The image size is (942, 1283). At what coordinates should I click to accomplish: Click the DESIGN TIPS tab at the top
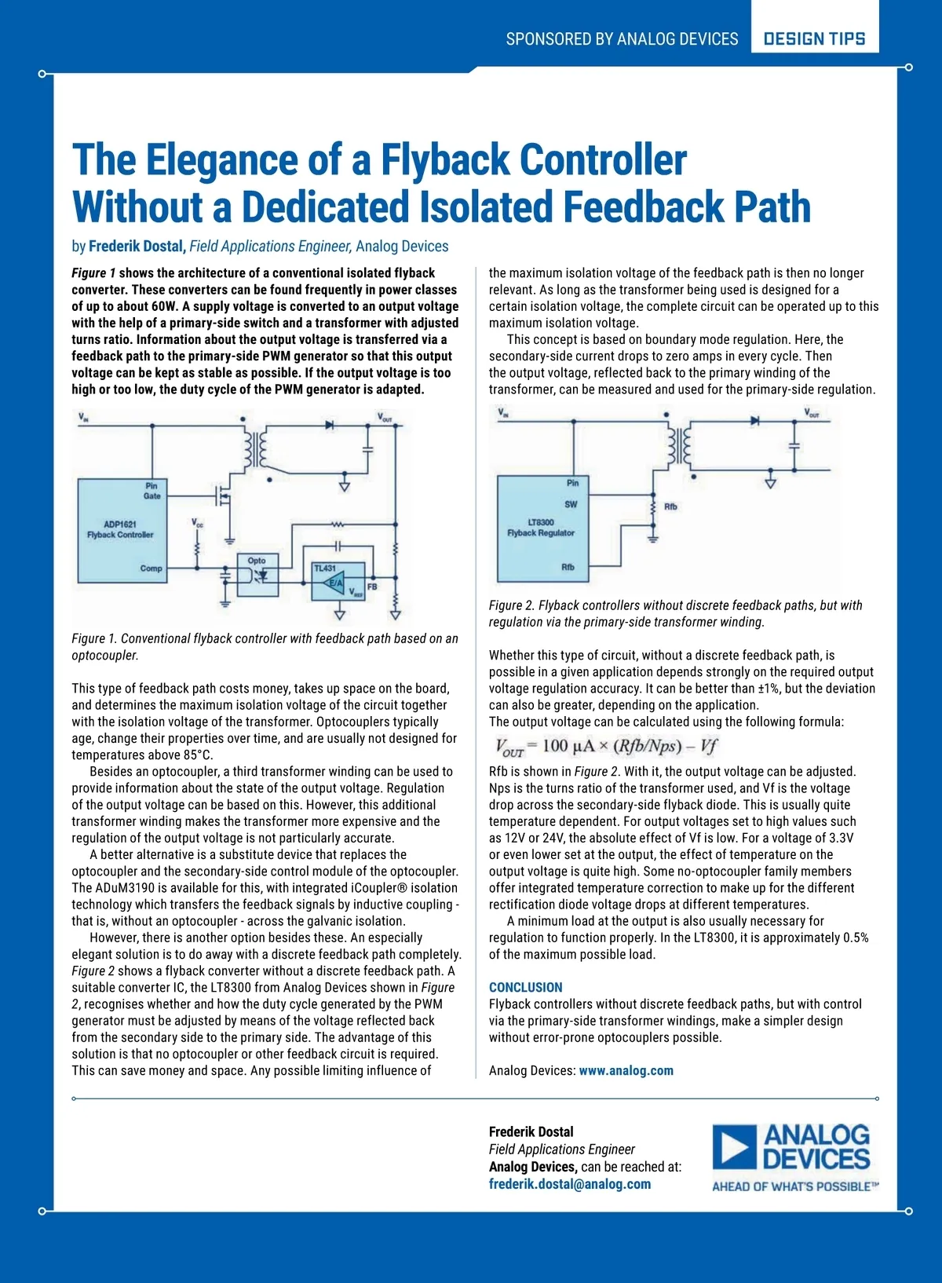[814, 38]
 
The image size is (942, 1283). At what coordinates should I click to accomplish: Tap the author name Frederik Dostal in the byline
[136, 247]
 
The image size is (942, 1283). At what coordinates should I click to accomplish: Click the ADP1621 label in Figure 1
[120, 524]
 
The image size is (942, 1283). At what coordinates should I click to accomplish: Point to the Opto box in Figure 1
[258, 575]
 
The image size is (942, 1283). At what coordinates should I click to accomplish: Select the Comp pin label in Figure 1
[151, 568]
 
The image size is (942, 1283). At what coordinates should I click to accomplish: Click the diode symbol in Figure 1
[330, 426]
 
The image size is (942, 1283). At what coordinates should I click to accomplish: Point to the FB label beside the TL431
[372, 587]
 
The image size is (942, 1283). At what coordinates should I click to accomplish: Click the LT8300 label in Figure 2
[541, 522]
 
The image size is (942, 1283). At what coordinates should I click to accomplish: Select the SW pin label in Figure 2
[571, 504]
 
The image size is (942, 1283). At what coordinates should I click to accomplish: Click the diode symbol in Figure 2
[755, 421]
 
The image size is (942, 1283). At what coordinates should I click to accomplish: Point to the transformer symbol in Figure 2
[680, 447]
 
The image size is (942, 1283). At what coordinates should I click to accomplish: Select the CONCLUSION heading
[525, 987]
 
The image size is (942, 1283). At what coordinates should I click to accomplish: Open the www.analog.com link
[626, 1070]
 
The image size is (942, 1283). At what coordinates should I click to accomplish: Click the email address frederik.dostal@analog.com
[569, 1184]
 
